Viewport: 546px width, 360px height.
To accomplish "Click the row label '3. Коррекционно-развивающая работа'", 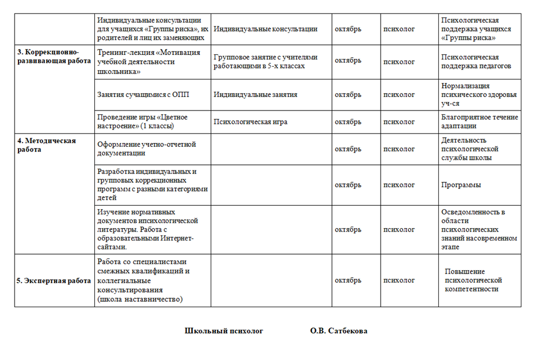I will tap(53, 56).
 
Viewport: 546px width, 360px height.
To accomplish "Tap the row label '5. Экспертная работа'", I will tap(53, 280).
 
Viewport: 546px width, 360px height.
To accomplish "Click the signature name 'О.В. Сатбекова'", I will tap(339, 331).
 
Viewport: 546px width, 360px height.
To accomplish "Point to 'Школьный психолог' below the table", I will tap(224, 331).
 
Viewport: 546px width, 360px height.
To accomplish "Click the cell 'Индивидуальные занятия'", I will tap(255, 94).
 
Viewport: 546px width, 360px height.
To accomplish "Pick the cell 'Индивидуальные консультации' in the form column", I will tap(266, 29).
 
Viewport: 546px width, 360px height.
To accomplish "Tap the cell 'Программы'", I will tap(461, 184).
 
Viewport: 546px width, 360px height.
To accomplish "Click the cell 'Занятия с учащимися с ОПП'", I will tap(144, 94).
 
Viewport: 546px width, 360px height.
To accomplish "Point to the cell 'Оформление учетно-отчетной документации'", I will tap(147, 149).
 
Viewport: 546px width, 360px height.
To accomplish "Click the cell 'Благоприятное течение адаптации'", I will tap(480, 122).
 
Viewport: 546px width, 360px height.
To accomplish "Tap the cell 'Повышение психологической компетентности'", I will tap(472, 280).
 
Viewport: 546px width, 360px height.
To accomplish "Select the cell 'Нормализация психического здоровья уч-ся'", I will tap(479, 94).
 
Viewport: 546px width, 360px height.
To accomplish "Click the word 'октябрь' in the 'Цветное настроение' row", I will tap(348, 122).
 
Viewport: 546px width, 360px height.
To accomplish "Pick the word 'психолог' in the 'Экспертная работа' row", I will tap(399, 280).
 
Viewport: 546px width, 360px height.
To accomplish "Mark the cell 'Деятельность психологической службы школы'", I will tap(470, 149).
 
